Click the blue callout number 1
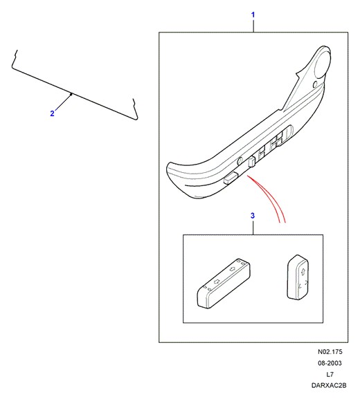253,15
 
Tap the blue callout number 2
52,113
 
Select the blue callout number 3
253,216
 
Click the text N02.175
330,352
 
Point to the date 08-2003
330,363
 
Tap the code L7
330,374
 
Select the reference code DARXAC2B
329,385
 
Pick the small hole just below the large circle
315,84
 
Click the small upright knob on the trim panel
252,162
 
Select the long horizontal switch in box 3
224,284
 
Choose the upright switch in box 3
298,277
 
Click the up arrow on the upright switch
303,271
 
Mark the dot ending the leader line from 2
71,94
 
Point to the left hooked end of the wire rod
15,59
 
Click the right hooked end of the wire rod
135,109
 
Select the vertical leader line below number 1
253,26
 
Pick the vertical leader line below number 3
253,228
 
